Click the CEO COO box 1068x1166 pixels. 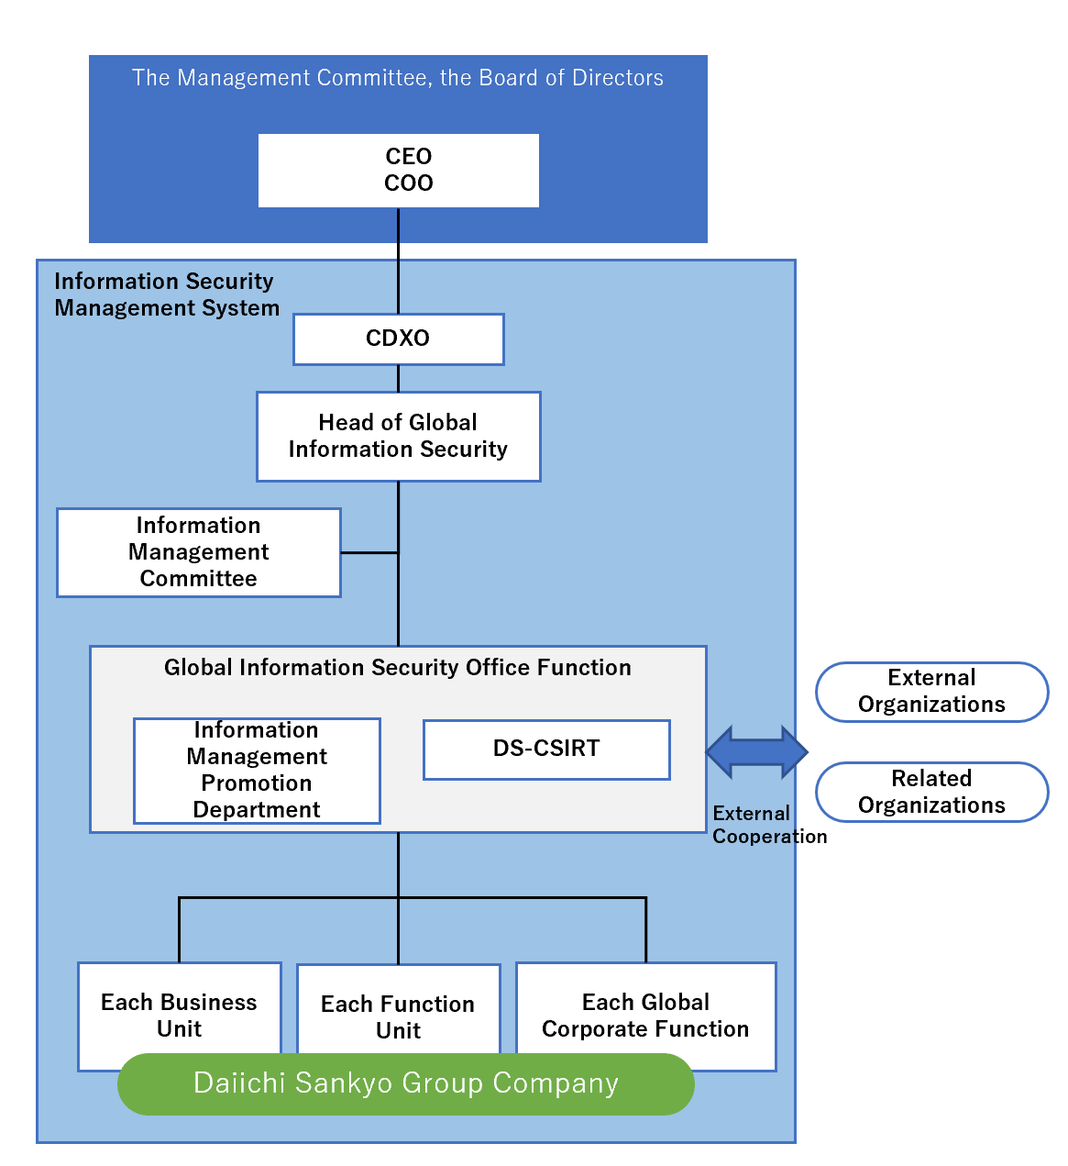coord(398,171)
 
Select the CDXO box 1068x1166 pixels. coord(398,339)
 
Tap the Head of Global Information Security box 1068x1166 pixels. coord(398,436)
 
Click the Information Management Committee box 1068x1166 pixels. coord(198,552)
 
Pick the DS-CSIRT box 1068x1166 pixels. coord(546,749)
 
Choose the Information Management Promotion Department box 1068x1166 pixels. coord(257,770)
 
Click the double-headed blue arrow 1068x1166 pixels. coord(756,752)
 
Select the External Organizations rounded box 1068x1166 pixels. coord(931,692)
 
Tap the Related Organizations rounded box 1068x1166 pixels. coord(931,792)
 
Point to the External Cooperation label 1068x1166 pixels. coord(768,825)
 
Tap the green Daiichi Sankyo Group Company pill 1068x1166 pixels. coord(405,1084)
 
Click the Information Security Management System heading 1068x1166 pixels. coord(166,294)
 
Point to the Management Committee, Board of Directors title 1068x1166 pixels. coord(398,78)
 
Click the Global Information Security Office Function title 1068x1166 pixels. coord(398,668)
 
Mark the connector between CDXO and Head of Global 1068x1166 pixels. coord(398,379)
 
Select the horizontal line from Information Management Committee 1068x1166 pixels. coord(369,552)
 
